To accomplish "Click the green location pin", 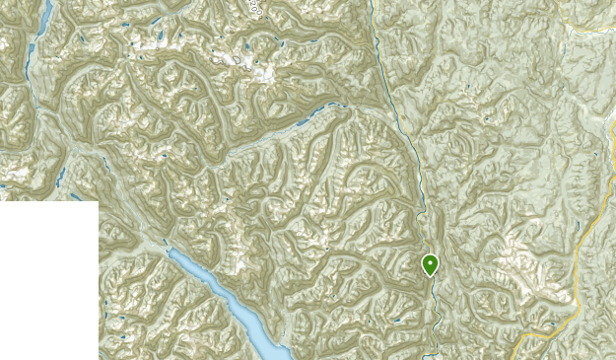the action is (x=430, y=264).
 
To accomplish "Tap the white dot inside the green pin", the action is (x=430, y=262).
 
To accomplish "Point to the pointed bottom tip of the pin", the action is (x=430, y=276).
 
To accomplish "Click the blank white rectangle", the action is (x=48, y=280).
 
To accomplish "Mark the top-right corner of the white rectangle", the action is (x=98, y=201).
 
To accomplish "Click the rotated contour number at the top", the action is (x=257, y=10).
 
